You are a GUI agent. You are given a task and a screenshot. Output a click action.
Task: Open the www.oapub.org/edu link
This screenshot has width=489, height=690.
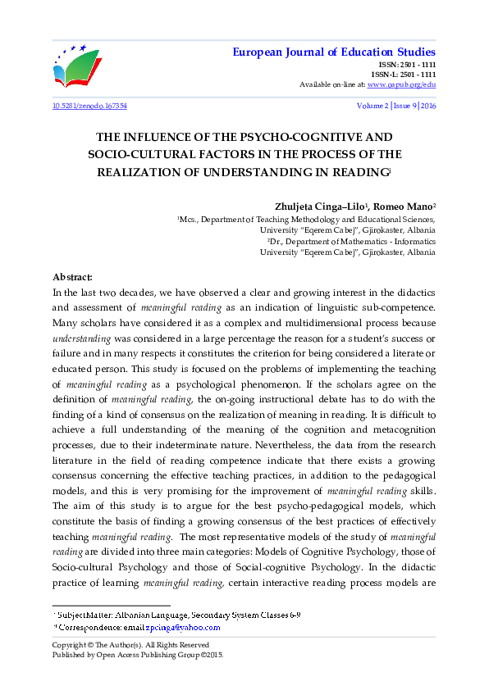click(x=401, y=84)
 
